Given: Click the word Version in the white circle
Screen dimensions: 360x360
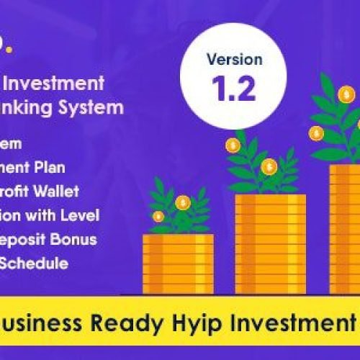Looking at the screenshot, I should (234, 59).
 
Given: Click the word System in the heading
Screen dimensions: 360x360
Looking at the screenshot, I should (98, 108).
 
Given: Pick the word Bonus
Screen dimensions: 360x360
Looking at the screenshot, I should (97, 239).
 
